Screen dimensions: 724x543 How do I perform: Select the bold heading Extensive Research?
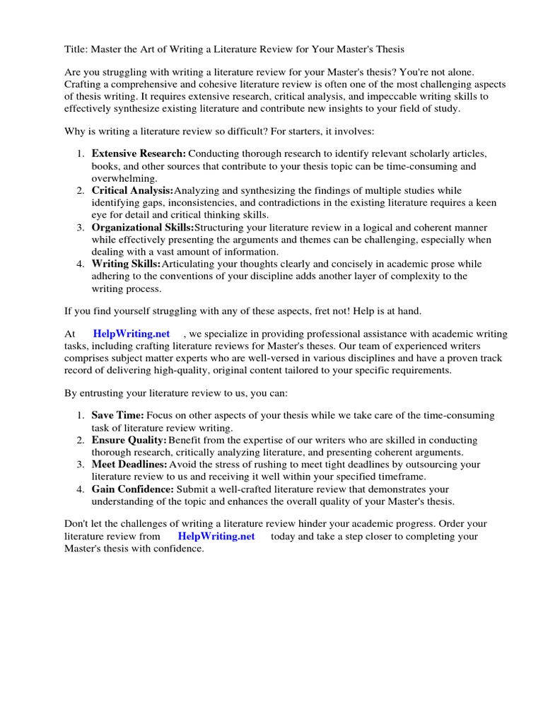click(x=139, y=153)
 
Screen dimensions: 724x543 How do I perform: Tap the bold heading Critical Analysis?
click(x=132, y=190)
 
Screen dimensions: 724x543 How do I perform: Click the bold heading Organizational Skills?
click(x=142, y=227)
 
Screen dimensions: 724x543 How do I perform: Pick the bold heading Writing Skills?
click(x=126, y=264)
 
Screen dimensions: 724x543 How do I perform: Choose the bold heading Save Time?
click(x=117, y=415)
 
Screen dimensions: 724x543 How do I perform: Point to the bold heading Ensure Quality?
click(x=129, y=440)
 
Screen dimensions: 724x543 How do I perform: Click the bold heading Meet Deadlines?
click(x=129, y=465)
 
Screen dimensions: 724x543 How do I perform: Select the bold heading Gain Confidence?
click(x=132, y=489)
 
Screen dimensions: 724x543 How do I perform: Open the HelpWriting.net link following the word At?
click(x=132, y=334)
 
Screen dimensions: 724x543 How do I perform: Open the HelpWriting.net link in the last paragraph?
click(x=216, y=536)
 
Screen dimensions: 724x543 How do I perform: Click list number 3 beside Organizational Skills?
click(x=81, y=227)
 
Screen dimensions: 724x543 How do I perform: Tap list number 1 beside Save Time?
click(x=81, y=415)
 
